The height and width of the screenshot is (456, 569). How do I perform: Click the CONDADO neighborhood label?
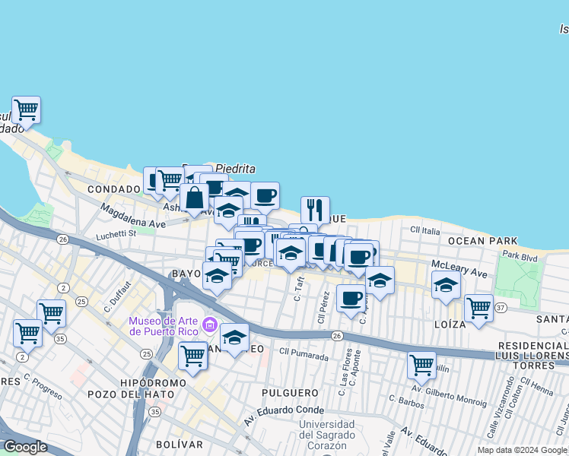[114, 189]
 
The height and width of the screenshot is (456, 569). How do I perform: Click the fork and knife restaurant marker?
[314, 210]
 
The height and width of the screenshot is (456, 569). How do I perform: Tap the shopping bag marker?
[194, 198]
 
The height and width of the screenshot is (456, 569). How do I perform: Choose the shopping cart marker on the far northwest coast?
[26, 110]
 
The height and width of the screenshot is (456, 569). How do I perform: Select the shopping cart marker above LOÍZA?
[478, 308]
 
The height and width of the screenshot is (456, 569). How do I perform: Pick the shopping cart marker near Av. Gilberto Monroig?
[421, 365]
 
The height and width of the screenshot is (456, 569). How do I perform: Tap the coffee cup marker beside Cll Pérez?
[350, 298]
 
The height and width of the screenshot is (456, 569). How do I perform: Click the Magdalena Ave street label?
[132, 217]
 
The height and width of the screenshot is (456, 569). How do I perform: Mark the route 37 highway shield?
[500, 307]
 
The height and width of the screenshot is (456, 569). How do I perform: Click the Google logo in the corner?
[26, 447]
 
